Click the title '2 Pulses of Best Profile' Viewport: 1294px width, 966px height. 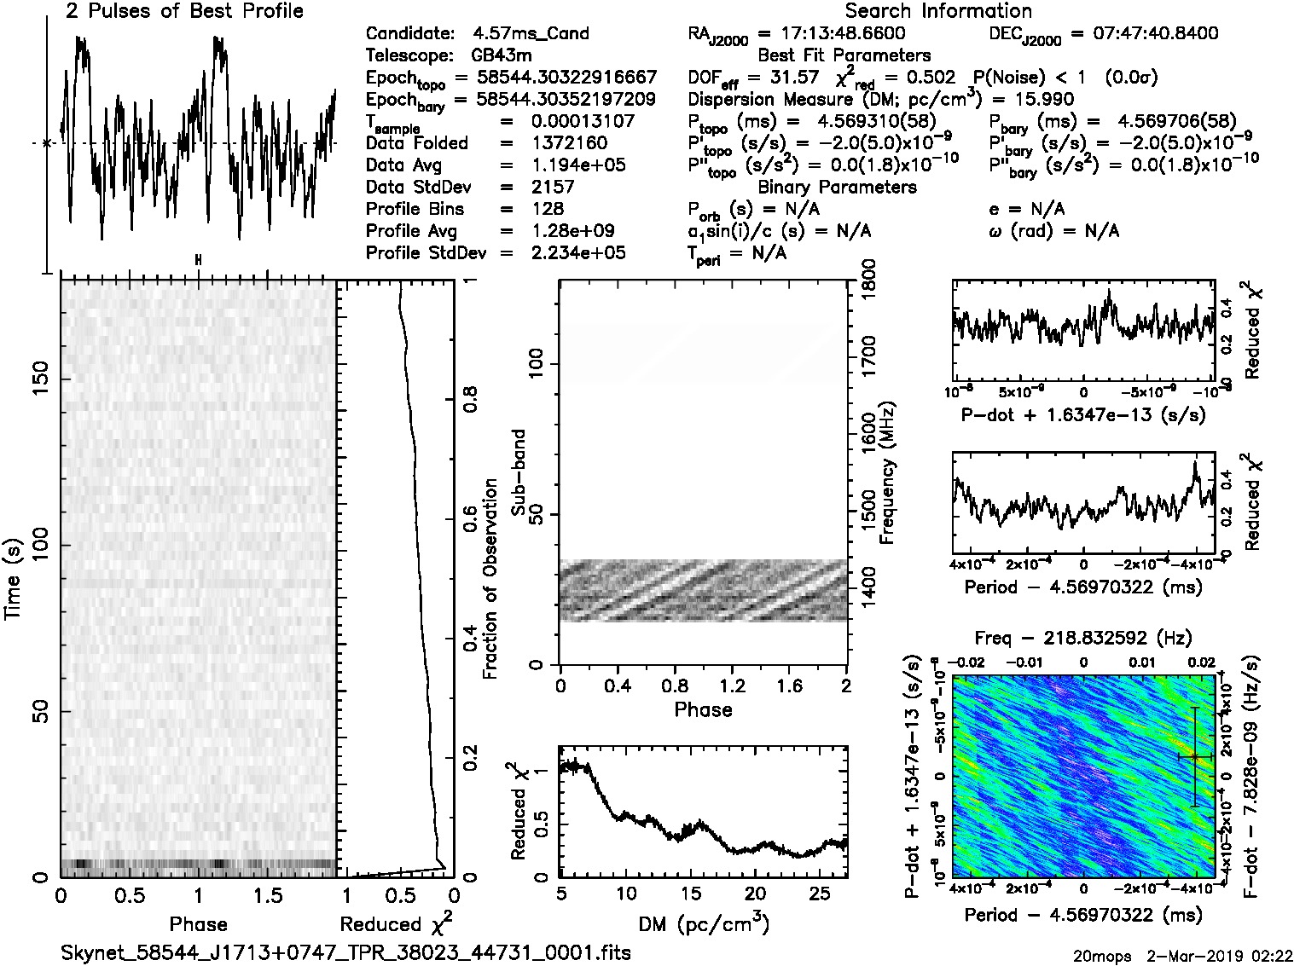pos(184,11)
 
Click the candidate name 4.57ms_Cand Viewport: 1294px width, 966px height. pos(531,33)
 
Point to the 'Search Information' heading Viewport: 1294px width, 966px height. pos(938,11)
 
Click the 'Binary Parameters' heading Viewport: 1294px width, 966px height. pos(837,187)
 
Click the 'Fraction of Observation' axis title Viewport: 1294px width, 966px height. pos(490,579)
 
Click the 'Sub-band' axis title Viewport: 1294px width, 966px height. pos(517,472)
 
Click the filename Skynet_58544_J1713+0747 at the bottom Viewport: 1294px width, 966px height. pos(345,952)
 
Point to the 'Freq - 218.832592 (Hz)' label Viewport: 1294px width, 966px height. pos(1083,638)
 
